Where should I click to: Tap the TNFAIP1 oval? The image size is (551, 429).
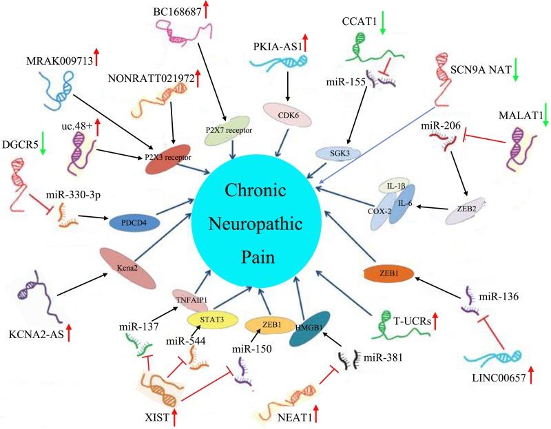pos(191,300)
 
